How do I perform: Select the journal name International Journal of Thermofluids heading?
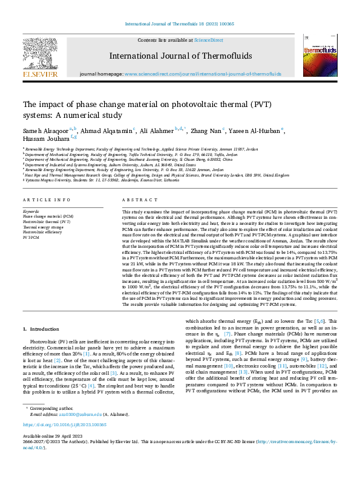(x=180, y=56)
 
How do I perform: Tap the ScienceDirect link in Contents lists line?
(x=208, y=40)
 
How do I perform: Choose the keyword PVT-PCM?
(x=30, y=236)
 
